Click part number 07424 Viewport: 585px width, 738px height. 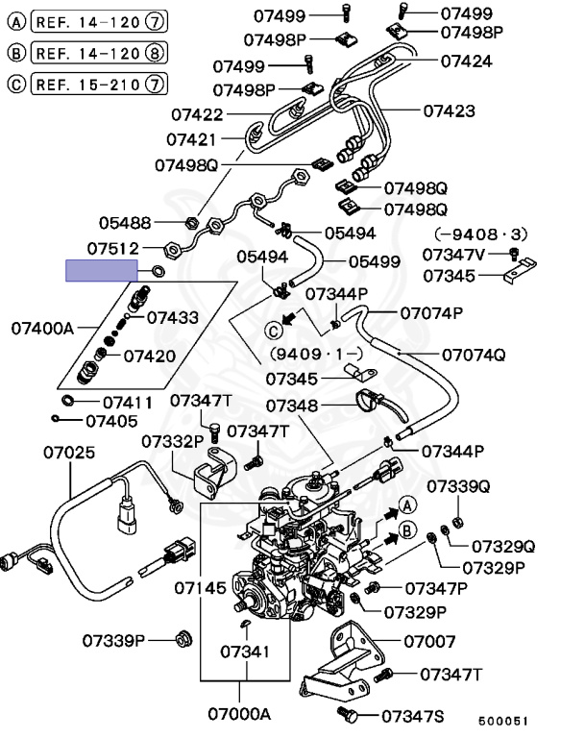coord(466,61)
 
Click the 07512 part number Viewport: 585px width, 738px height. coord(112,248)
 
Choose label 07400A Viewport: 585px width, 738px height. coord(42,328)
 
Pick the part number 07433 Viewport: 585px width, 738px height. coord(172,317)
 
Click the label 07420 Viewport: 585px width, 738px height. coord(149,356)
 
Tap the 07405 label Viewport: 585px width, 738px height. coord(110,420)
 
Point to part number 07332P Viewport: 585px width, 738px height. coord(174,441)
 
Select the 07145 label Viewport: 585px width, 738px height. coord(200,586)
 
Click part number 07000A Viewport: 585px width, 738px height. coord(240,714)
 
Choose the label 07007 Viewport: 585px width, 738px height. coord(428,640)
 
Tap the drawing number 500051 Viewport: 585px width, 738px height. coord(503,720)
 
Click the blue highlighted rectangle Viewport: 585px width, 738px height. coord(100,271)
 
